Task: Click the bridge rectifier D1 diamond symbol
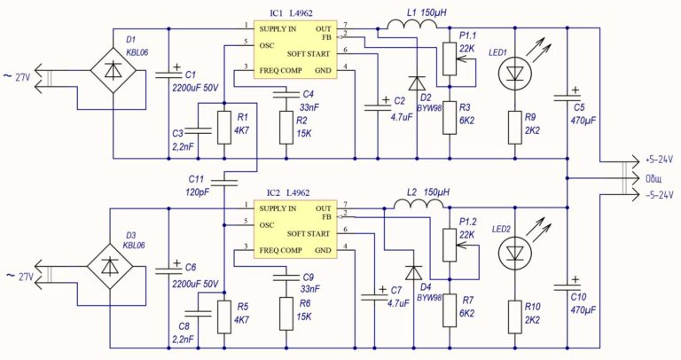coord(113,71)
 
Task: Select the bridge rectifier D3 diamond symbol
coord(109,266)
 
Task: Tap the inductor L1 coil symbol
coord(412,25)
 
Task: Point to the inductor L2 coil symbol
coord(420,204)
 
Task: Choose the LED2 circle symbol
coord(515,254)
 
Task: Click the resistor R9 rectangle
coord(515,128)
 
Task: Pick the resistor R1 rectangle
coord(224,128)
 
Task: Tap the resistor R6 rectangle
coord(286,314)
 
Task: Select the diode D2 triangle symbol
coord(417,83)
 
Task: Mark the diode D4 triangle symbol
coord(413,272)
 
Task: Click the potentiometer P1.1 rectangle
coord(450,59)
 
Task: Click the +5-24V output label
coord(659,160)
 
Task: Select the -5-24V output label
coord(659,194)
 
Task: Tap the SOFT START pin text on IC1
coord(309,54)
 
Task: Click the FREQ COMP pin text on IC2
coord(280,250)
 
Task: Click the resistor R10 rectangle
coord(515,317)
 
